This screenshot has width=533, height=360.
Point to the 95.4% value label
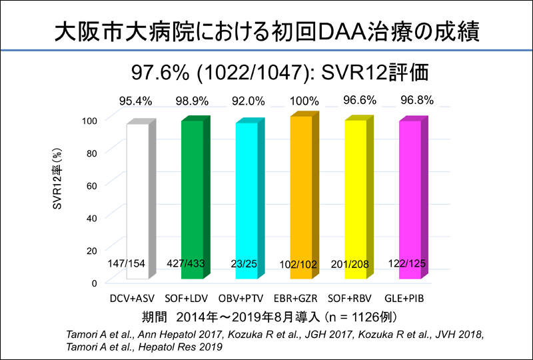[x=137, y=101]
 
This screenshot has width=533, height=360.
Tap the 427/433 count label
[x=191, y=263]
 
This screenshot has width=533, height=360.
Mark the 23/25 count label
[x=246, y=263]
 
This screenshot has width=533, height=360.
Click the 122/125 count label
[x=407, y=263]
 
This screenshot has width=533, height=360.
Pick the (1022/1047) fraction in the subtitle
[x=259, y=71]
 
